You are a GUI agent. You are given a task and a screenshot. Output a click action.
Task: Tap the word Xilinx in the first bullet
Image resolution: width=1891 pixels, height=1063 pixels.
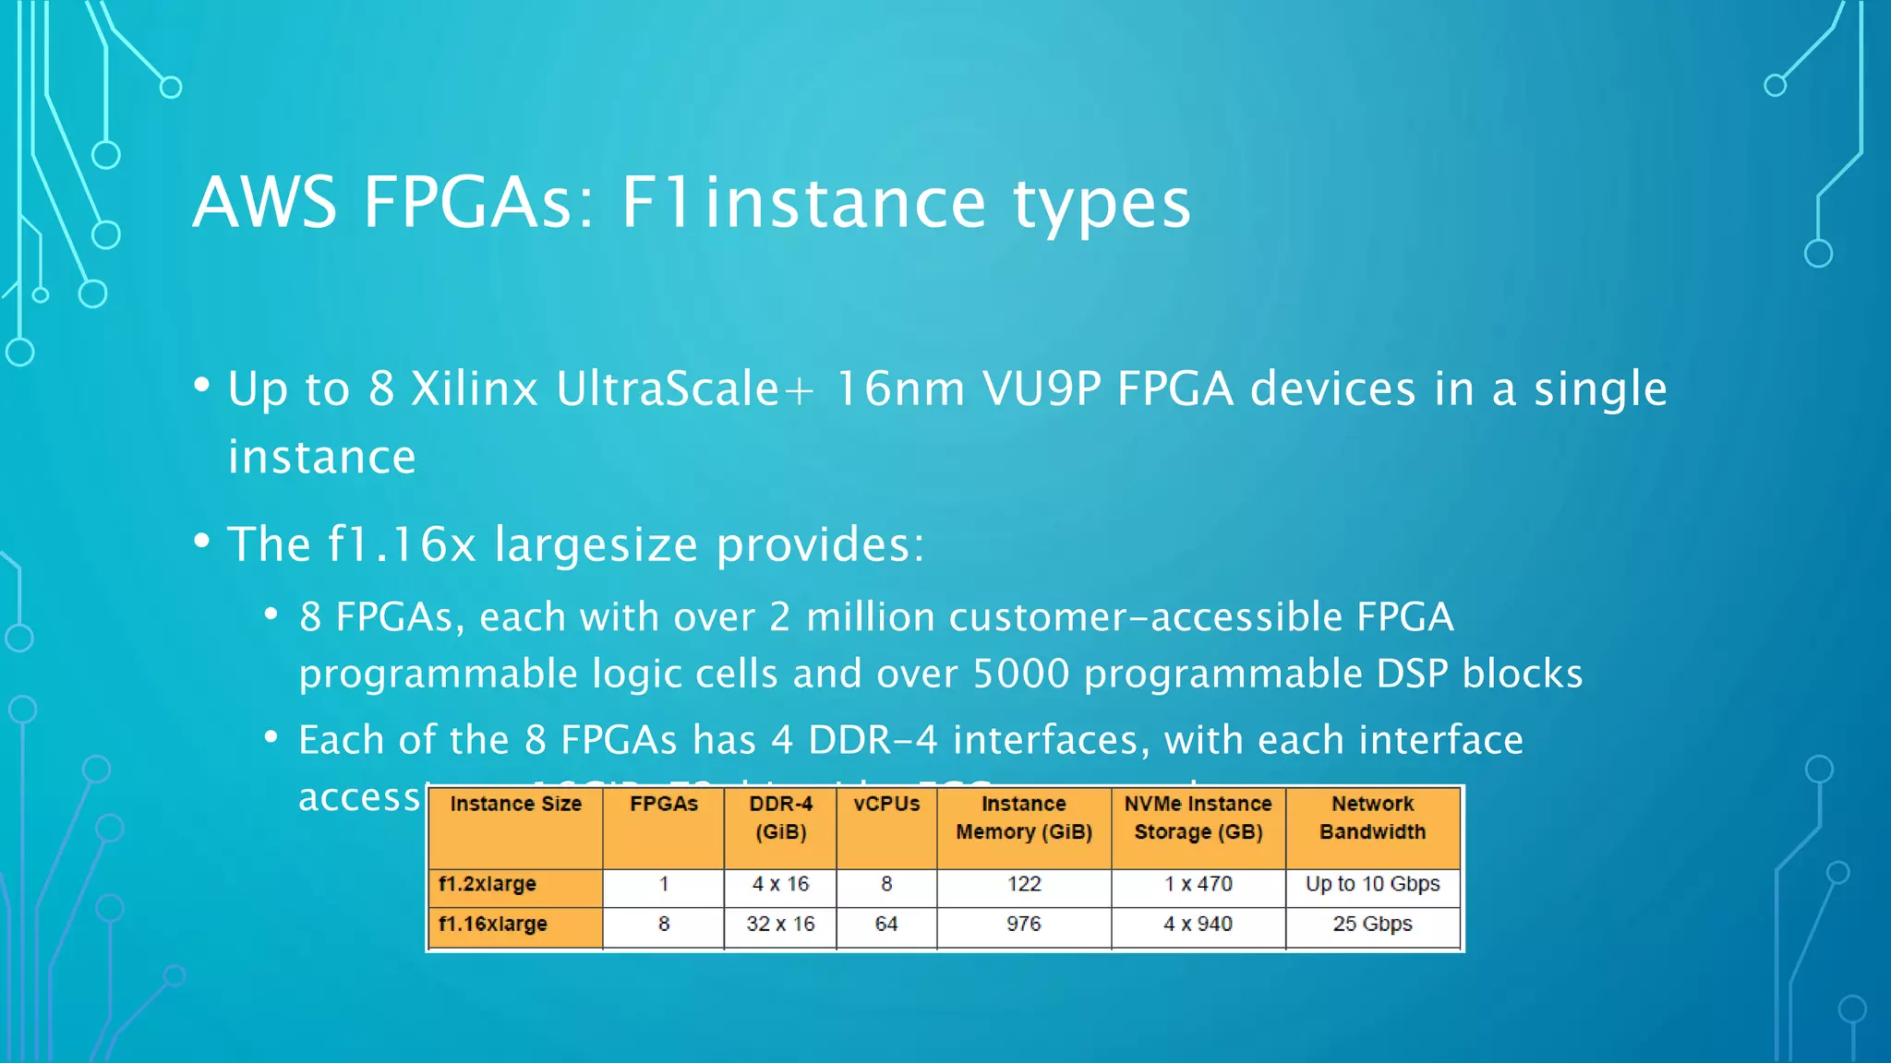pyautogui.click(x=474, y=388)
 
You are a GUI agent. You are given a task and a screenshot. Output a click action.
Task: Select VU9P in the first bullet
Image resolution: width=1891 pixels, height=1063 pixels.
pyautogui.click(x=1042, y=388)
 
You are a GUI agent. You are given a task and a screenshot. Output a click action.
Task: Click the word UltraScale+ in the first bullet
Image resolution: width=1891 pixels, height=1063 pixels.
pyautogui.click(x=684, y=388)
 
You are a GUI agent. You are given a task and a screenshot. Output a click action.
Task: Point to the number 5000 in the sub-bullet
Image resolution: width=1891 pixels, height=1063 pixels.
pyautogui.click(x=1020, y=674)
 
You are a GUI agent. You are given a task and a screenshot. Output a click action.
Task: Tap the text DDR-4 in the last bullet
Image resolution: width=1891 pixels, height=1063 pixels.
pyautogui.click(x=872, y=740)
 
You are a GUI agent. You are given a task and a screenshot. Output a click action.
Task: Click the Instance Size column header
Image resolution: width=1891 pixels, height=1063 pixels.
pyautogui.click(x=515, y=805)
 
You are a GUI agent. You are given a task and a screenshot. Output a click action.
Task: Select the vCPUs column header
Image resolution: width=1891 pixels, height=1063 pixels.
pyautogui.click(x=885, y=805)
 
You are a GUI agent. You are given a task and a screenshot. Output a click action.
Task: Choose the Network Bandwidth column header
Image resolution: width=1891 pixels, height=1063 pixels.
pyautogui.click(x=1372, y=818)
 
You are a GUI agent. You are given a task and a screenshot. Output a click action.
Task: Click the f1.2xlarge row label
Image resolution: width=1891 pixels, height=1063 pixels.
pyautogui.click(x=488, y=884)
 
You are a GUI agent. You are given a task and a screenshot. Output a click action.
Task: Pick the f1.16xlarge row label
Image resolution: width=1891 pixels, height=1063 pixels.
pyautogui.click(x=493, y=924)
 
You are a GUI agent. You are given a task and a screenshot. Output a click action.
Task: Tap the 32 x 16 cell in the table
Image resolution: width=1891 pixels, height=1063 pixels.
pyautogui.click(x=780, y=924)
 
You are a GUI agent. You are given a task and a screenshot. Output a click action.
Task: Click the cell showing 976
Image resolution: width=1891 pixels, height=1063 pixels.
pyautogui.click(x=1023, y=924)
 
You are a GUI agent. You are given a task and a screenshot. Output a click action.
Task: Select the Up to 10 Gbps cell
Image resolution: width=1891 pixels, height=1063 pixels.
pyautogui.click(x=1372, y=884)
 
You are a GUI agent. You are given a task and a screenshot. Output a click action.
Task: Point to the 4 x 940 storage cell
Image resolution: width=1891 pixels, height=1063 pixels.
pyautogui.click(x=1198, y=924)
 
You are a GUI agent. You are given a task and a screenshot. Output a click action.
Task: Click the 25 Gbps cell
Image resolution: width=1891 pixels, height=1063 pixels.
pyautogui.click(x=1372, y=924)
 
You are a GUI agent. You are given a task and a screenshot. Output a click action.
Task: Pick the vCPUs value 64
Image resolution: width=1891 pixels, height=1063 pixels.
pyautogui.click(x=885, y=924)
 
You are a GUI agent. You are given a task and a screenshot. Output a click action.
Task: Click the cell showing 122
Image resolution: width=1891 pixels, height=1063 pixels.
pyautogui.click(x=1023, y=884)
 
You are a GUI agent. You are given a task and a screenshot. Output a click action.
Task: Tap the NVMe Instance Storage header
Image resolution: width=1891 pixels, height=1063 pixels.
pyautogui.click(x=1198, y=818)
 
